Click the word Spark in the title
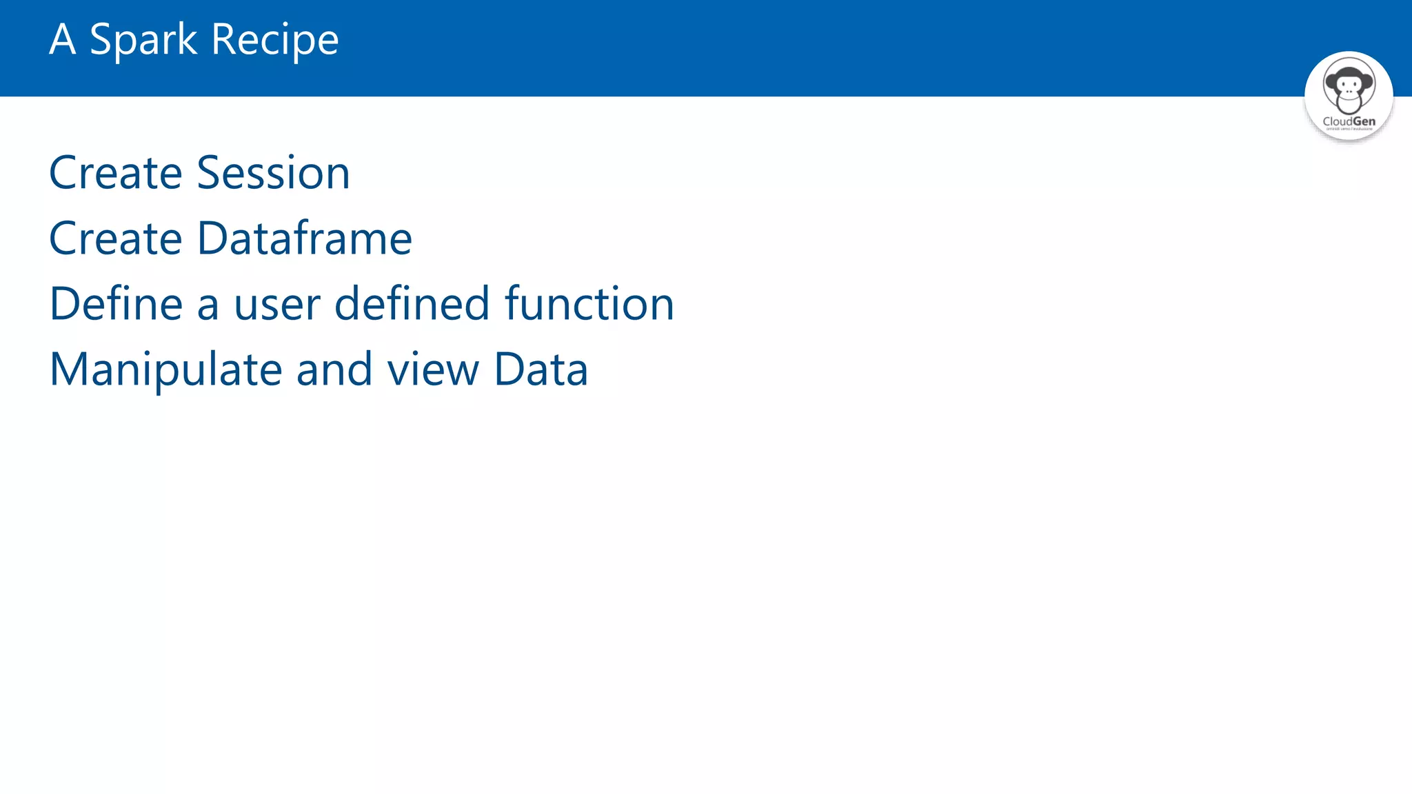(143, 40)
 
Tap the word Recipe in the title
(275, 40)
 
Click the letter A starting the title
(62, 40)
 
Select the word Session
(274, 172)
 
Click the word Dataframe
(305, 238)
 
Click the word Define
(115, 304)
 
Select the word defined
(412, 304)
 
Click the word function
(589, 304)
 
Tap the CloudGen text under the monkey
(1349, 121)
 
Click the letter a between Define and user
(208, 306)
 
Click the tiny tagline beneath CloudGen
(1349, 129)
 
